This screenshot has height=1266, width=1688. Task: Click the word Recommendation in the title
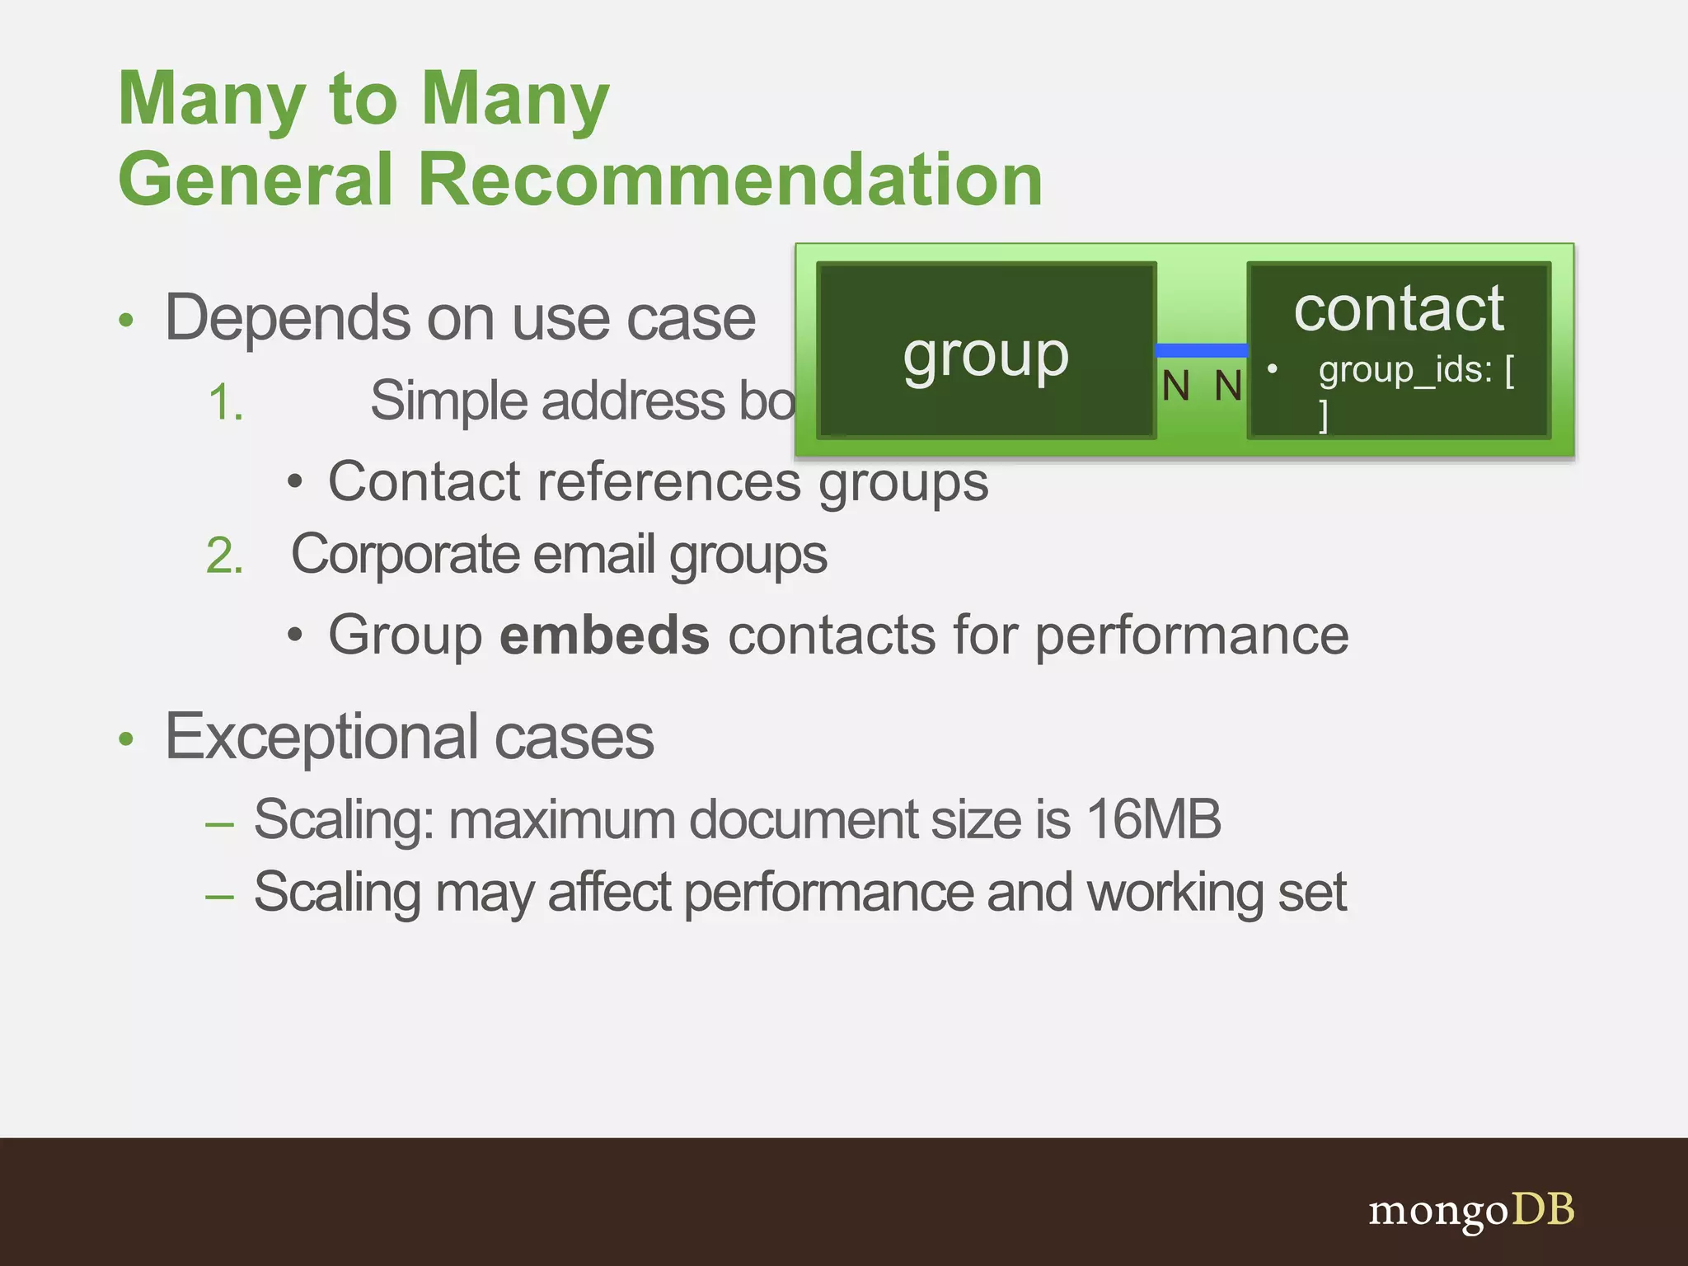click(730, 179)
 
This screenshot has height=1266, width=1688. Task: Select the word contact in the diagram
click(1399, 308)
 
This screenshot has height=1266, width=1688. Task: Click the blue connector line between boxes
click(1201, 350)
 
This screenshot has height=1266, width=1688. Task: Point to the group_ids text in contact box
click(1405, 370)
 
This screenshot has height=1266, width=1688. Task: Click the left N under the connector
click(1176, 386)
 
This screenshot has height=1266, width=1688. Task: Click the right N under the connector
click(1228, 386)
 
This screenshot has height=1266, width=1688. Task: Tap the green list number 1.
click(225, 403)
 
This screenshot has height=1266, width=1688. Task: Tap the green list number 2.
click(225, 556)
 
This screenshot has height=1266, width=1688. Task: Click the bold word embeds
click(604, 635)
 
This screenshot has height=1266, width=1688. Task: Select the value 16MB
click(1153, 819)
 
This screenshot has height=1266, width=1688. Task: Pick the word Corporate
click(405, 555)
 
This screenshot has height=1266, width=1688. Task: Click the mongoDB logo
click(1471, 1210)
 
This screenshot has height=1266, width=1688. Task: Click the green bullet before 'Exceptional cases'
click(125, 738)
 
